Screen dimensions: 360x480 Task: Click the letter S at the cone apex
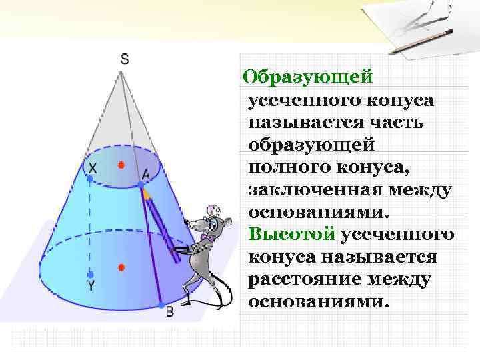tap(125, 59)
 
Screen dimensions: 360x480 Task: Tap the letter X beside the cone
tap(93, 168)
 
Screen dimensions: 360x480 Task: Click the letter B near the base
tap(169, 311)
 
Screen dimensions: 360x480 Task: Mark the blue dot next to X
tap(90, 179)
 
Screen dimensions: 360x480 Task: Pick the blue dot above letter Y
tap(91, 274)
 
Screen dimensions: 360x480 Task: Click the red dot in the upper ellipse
tap(121, 164)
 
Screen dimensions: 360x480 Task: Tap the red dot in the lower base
tap(121, 268)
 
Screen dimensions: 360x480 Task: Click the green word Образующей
tap(307, 77)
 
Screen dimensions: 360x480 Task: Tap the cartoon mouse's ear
tap(213, 212)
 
